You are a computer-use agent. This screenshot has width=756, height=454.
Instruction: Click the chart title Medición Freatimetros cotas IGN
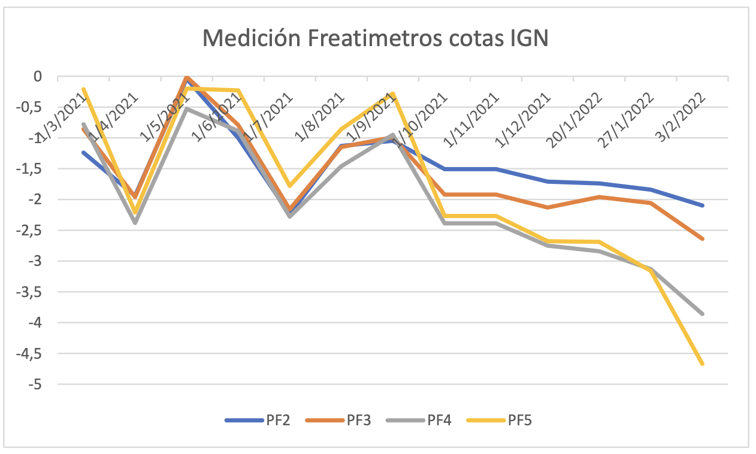pyautogui.click(x=376, y=39)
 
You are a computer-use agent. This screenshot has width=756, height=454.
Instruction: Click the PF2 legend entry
pyautogui.click(x=278, y=420)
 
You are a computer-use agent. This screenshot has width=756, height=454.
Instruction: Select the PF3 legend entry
pyautogui.click(x=359, y=420)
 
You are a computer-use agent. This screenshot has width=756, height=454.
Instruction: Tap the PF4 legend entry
pyautogui.click(x=439, y=420)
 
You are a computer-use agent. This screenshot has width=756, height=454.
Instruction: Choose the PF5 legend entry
pyautogui.click(x=519, y=420)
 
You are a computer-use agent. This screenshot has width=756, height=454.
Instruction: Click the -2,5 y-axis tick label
pyautogui.click(x=31, y=231)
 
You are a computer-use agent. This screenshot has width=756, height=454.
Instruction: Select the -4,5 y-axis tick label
pyautogui.click(x=31, y=353)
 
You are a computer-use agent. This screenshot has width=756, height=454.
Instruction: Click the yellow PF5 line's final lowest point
pyautogui.click(x=702, y=364)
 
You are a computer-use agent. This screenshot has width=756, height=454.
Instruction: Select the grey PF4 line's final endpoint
pyautogui.click(x=702, y=314)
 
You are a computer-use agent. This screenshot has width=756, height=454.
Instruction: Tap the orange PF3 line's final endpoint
pyautogui.click(x=702, y=239)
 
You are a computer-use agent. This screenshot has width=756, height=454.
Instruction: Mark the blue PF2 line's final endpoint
pyautogui.click(x=702, y=205)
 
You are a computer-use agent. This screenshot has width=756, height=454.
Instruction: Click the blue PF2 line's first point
pyautogui.click(x=83, y=152)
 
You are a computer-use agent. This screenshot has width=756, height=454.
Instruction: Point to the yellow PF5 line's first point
pyautogui.click(x=83, y=89)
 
